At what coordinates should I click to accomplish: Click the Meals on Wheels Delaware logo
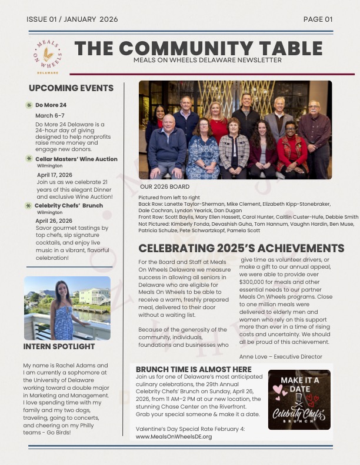[x=48, y=53]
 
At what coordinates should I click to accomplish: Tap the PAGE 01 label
[x=318, y=19]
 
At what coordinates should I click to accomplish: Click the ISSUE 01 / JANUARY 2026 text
[x=72, y=19]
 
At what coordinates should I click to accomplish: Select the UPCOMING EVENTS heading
[x=71, y=88]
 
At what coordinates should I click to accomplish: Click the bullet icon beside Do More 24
[x=29, y=105]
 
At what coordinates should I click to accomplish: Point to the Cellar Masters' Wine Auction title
[x=76, y=159]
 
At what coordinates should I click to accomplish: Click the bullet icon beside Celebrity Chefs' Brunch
[x=28, y=206]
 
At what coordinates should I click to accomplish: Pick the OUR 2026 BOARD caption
[x=165, y=186]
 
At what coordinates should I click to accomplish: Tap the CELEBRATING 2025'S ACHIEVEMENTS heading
[x=241, y=248]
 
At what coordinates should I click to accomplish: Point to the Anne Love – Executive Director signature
[x=281, y=357]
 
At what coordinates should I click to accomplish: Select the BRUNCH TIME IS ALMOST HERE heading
[x=194, y=369]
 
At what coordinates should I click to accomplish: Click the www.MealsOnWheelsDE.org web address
[x=174, y=437]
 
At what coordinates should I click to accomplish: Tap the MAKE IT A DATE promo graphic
[x=299, y=400]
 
